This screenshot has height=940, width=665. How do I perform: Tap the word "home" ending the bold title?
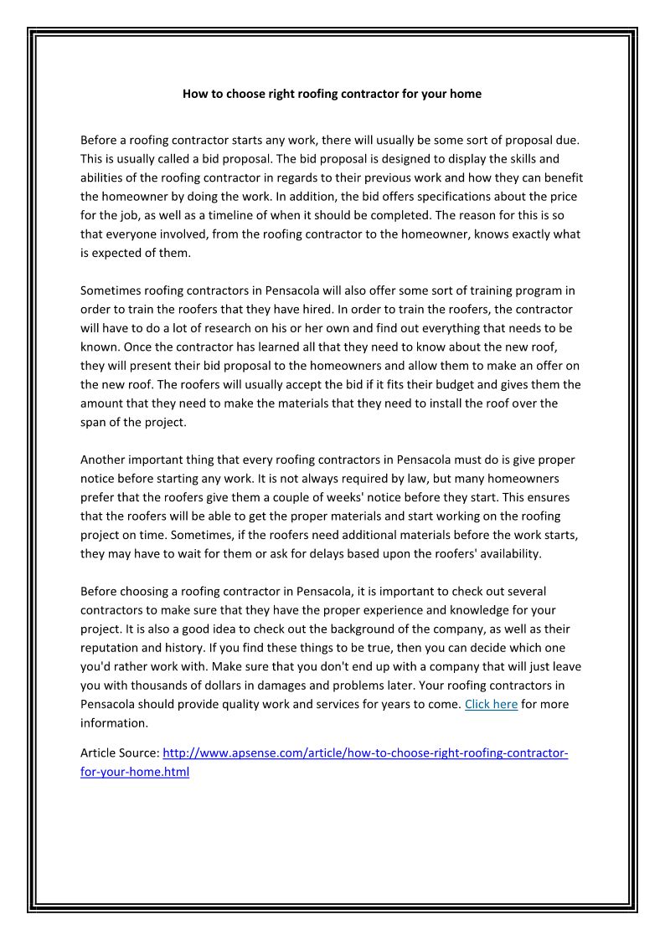(x=465, y=94)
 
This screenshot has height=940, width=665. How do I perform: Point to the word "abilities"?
(x=101, y=177)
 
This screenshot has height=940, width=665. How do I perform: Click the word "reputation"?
(x=111, y=648)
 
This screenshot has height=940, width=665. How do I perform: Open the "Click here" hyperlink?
(x=491, y=704)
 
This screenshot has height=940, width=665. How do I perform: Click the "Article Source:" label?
(x=119, y=753)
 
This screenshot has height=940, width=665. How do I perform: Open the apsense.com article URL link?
(x=365, y=753)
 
